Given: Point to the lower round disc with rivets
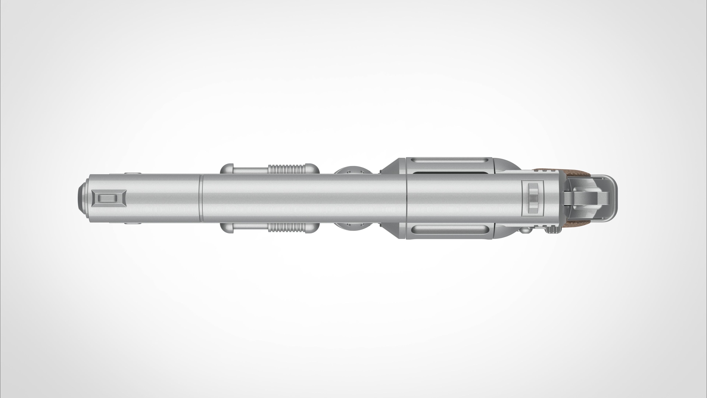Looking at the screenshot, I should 354,226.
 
